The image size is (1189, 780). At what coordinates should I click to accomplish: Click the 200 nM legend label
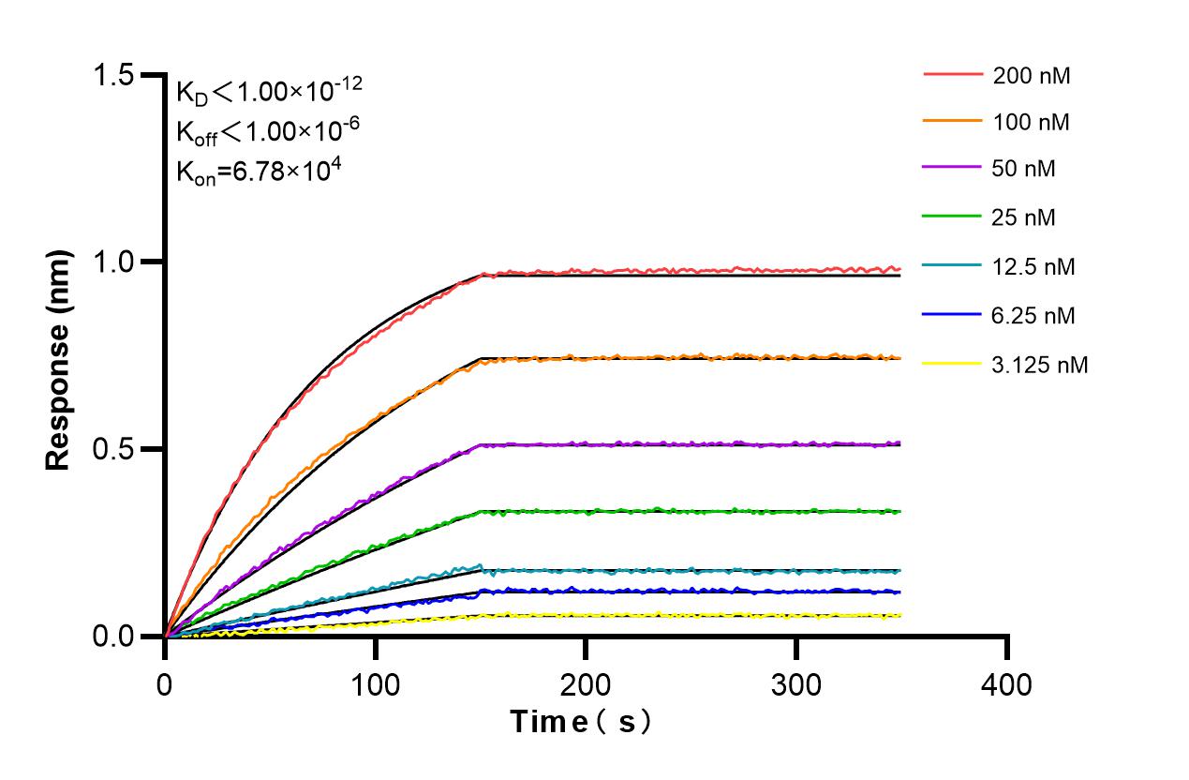[1032, 75]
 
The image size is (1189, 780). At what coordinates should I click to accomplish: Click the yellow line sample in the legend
[953, 363]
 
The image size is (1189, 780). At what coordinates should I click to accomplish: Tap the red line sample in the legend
[953, 73]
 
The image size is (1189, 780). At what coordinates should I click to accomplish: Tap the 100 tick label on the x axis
[375, 685]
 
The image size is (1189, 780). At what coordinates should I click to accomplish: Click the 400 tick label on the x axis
[1006, 685]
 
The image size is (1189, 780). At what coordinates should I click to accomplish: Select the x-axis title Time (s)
[581, 722]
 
